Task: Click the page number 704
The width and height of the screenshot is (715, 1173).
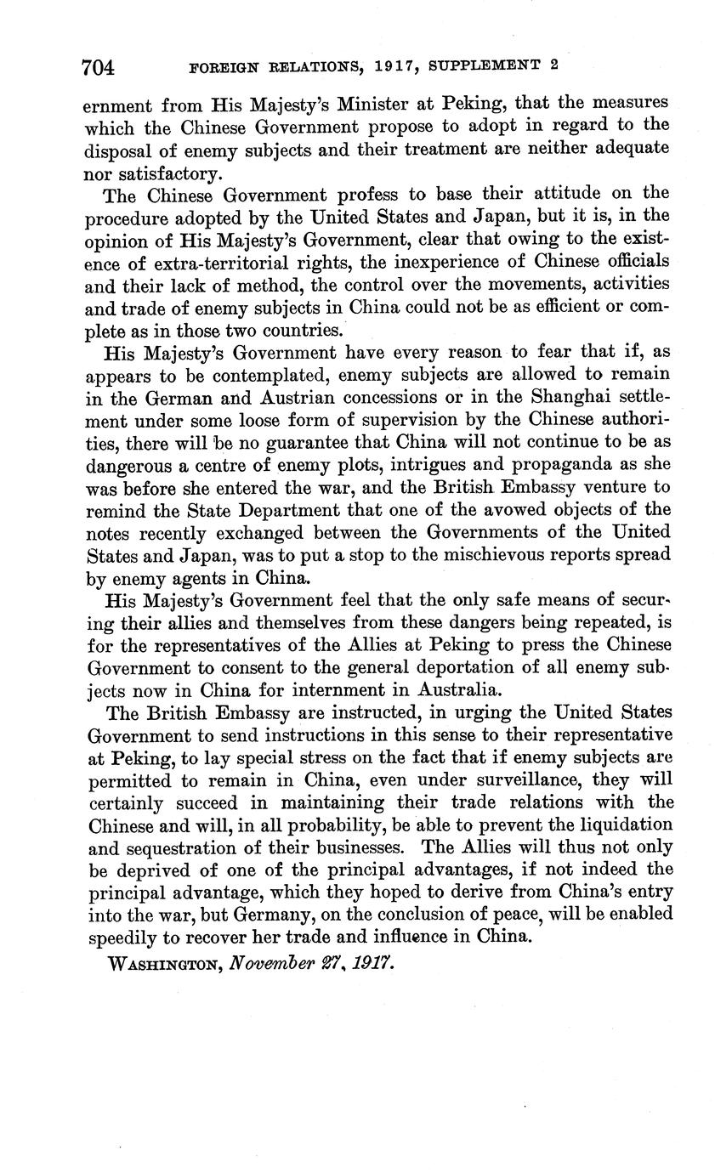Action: click(99, 66)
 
